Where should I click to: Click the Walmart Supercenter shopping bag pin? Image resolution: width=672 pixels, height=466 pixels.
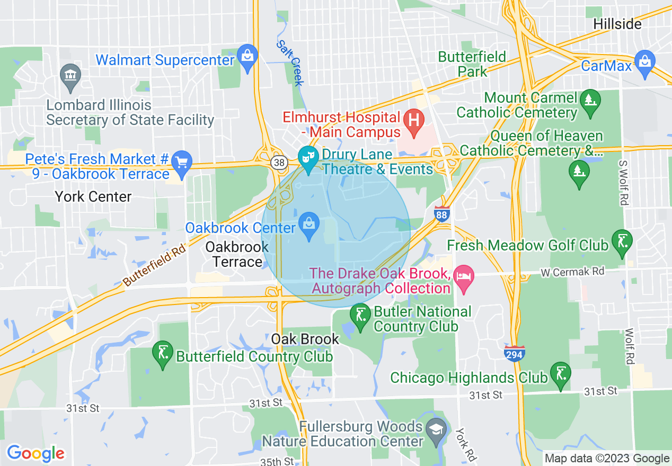point(247,56)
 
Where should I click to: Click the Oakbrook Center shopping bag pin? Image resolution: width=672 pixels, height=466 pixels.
point(309,225)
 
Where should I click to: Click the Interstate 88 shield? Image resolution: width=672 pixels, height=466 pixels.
point(441,213)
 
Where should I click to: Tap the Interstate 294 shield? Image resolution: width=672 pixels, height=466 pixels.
point(515,353)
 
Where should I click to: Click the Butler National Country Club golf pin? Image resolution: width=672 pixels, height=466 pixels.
point(360,317)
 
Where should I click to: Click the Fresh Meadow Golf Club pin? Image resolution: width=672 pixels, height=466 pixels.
point(622,242)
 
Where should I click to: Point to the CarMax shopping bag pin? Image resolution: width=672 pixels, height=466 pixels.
point(645,62)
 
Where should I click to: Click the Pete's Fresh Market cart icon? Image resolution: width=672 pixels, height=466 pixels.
point(182,162)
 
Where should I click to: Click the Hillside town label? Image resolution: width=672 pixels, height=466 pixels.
point(617,24)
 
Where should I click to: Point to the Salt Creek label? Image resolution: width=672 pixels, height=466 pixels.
point(290,63)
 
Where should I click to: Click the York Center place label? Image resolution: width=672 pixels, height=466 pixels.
point(93,197)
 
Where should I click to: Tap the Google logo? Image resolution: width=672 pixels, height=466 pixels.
point(36,454)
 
